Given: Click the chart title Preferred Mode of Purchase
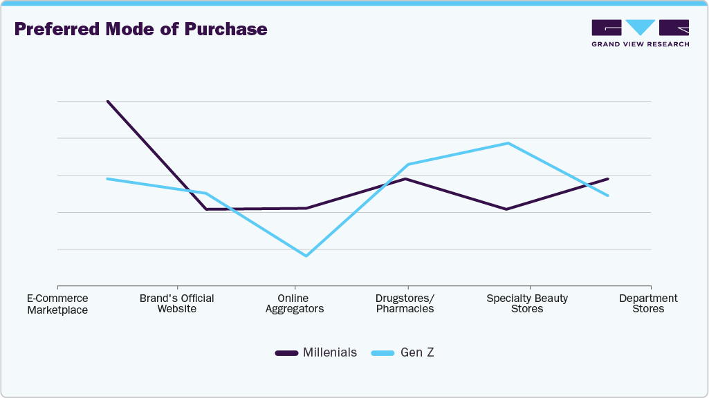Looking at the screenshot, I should (x=140, y=29).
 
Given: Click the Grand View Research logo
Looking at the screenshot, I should (x=640, y=33).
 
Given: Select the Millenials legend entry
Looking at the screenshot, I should (x=316, y=352).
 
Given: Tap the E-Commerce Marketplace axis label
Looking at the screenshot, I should (x=57, y=304).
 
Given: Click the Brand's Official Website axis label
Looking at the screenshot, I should (x=176, y=303).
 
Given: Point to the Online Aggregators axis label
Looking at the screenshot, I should (x=296, y=303).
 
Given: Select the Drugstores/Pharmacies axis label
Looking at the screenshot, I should (x=405, y=303).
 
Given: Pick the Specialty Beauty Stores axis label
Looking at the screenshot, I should (x=527, y=303).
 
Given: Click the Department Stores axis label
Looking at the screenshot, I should (x=648, y=303).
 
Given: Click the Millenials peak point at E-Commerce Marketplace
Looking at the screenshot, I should (x=107, y=101).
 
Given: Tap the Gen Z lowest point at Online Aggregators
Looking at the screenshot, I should (x=306, y=256).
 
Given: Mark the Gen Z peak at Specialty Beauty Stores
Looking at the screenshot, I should (x=508, y=143).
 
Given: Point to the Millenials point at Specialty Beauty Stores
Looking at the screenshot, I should (x=506, y=209).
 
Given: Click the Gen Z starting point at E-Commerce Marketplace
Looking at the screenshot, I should (x=107, y=179).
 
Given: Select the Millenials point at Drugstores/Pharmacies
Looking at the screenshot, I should (x=406, y=179).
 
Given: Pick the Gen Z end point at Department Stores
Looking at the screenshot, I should (x=608, y=196).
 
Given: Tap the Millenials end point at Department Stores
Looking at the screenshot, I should (x=608, y=179).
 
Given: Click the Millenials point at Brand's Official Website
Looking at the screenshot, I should (x=206, y=209).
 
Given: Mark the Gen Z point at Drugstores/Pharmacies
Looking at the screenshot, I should (x=407, y=164).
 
